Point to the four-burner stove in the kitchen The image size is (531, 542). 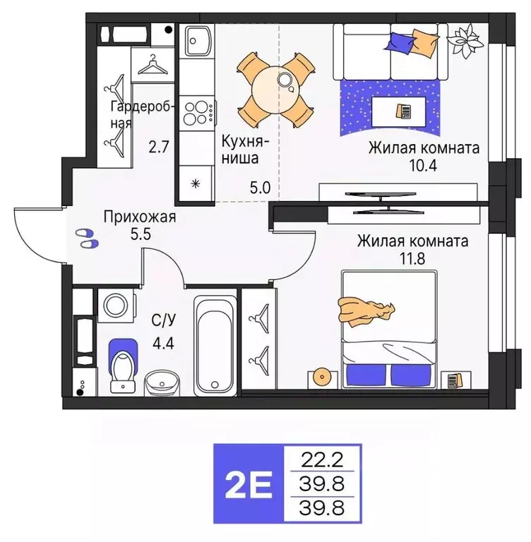click(x=198, y=112)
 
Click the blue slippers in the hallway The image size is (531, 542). click(x=87, y=238)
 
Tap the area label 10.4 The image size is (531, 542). click(x=423, y=165)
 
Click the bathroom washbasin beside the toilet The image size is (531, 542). click(x=162, y=385)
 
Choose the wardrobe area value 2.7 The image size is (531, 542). click(x=158, y=147)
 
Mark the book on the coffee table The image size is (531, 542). click(x=403, y=112)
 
